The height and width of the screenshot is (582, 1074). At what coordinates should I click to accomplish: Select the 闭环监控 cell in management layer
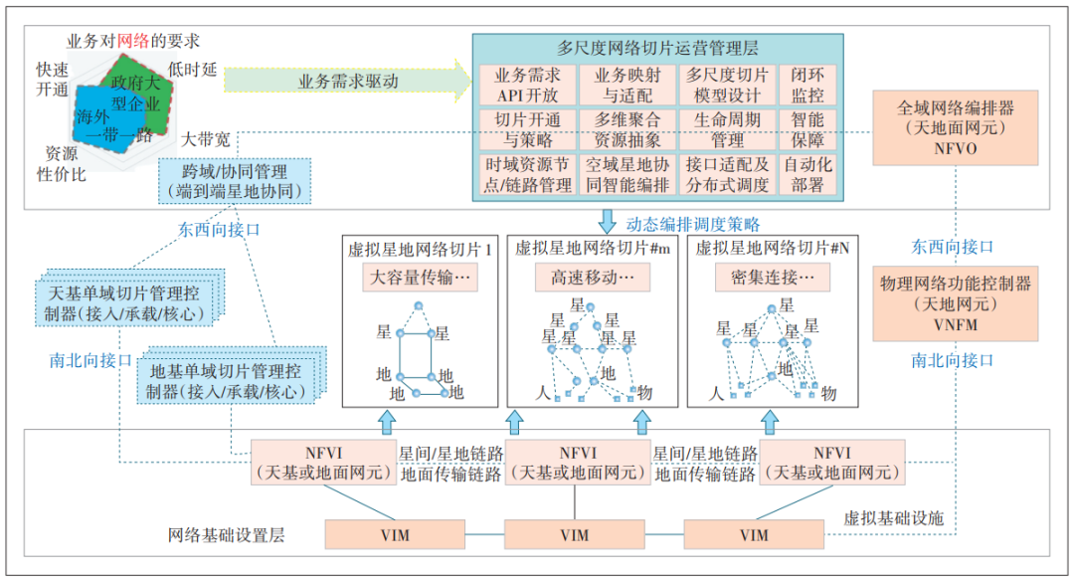coord(807,86)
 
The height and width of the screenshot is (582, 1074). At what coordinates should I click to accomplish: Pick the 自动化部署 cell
coord(807,174)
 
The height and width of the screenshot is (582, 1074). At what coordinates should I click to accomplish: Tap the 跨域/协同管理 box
coord(236,181)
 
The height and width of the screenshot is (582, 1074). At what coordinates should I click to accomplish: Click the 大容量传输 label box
coord(419,278)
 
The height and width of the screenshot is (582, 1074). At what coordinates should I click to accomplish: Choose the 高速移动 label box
coord(592,278)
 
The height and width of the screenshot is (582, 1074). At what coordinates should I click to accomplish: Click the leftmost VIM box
coord(395,535)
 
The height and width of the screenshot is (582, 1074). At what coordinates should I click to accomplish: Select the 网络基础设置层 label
coord(226,535)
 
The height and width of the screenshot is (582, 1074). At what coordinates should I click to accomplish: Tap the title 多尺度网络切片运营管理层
coord(657,47)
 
